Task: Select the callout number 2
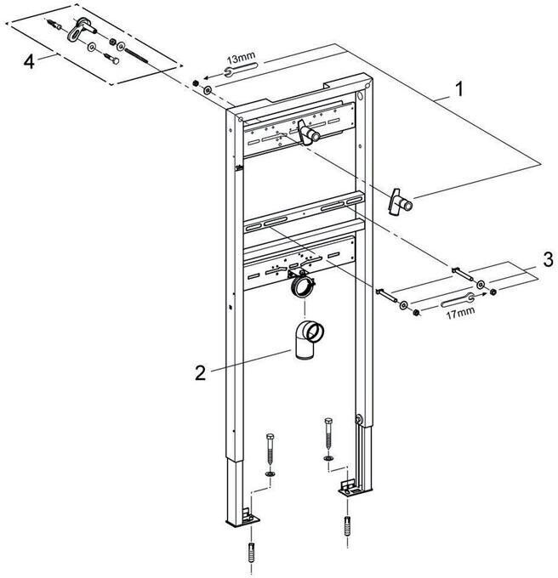[x=200, y=371]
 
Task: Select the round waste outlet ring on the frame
[x=299, y=287]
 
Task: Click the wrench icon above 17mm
[x=457, y=299]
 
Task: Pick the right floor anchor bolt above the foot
[x=327, y=435]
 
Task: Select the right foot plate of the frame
[x=348, y=488]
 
